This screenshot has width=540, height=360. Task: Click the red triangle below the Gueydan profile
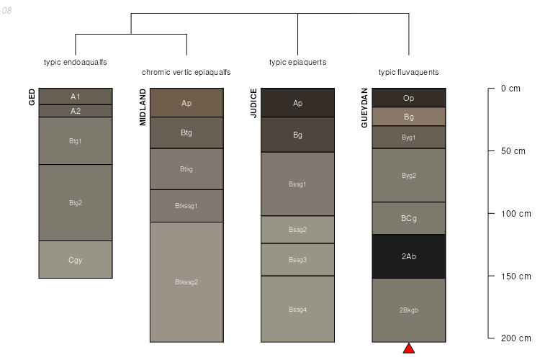coord(409,348)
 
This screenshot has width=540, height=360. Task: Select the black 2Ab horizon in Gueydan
coord(409,256)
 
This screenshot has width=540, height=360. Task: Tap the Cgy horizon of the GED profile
coord(76,260)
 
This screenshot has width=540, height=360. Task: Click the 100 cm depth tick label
coord(515,214)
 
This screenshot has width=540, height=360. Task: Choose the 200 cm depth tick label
coord(515,338)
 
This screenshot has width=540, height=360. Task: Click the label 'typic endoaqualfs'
coord(76,62)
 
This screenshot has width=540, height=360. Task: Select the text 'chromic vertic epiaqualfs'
coord(186,73)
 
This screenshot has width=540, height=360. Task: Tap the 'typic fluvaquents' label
coord(408,73)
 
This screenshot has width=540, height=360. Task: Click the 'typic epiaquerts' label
coord(297,62)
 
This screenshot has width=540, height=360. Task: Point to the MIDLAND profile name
coord(143,107)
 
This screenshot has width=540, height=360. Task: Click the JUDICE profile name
coord(253,103)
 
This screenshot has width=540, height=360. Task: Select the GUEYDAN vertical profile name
coord(364,108)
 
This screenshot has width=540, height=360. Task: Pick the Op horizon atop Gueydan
coord(409,98)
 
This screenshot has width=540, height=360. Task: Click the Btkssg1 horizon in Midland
coord(186,206)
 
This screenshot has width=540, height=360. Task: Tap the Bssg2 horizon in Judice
coord(298,230)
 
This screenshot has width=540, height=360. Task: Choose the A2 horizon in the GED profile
coord(76,111)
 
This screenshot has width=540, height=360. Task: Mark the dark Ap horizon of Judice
coord(298,103)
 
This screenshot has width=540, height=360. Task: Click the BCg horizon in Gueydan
coord(409,219)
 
